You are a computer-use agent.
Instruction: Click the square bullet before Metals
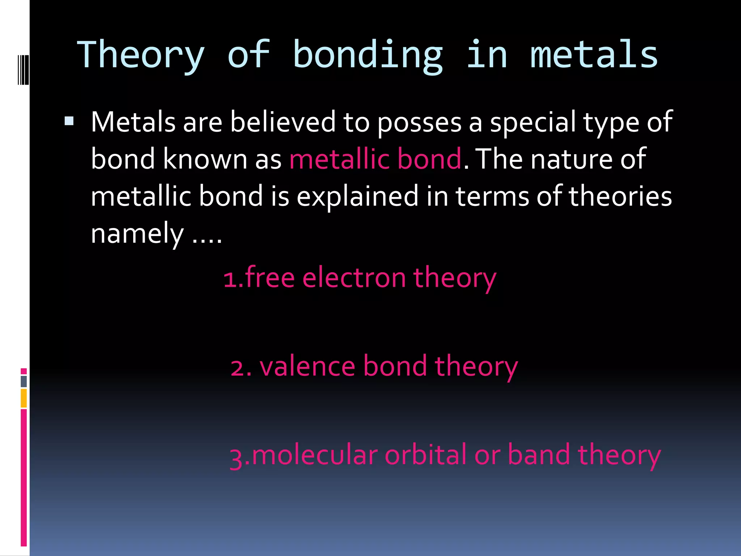point(69,121)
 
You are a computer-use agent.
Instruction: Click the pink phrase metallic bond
point(375,159)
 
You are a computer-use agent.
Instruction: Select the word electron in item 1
point(354,279)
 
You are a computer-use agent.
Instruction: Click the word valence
point(308,366)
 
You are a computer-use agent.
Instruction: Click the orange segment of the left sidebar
point(24,398)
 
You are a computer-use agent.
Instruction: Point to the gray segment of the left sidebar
point(24,382)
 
